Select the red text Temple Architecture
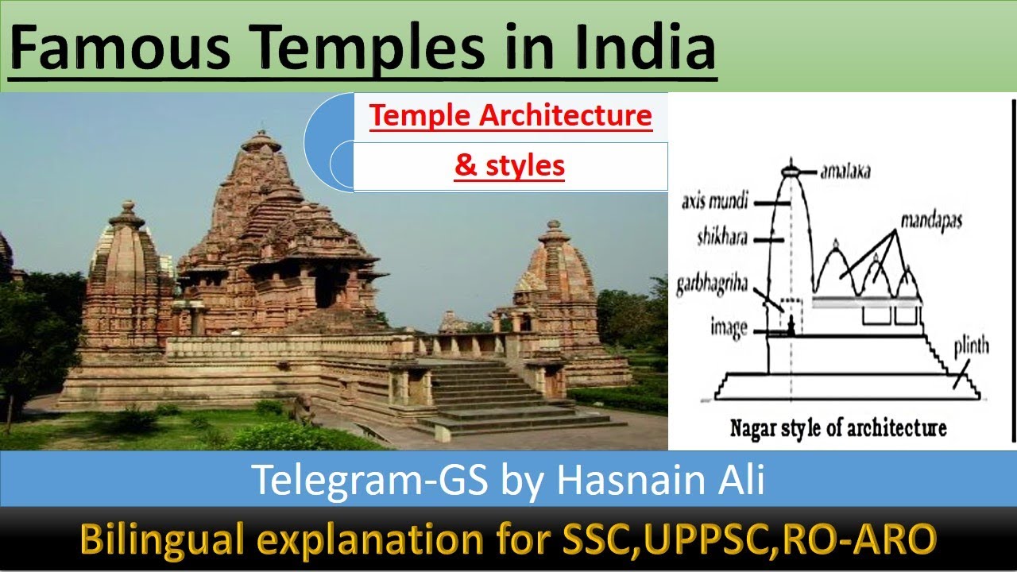tap(510, 117)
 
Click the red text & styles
tap(509, 165)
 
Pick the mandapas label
tap(930, 221)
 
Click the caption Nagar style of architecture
tap(838, 428)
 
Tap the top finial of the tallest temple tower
tap(261, 141)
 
